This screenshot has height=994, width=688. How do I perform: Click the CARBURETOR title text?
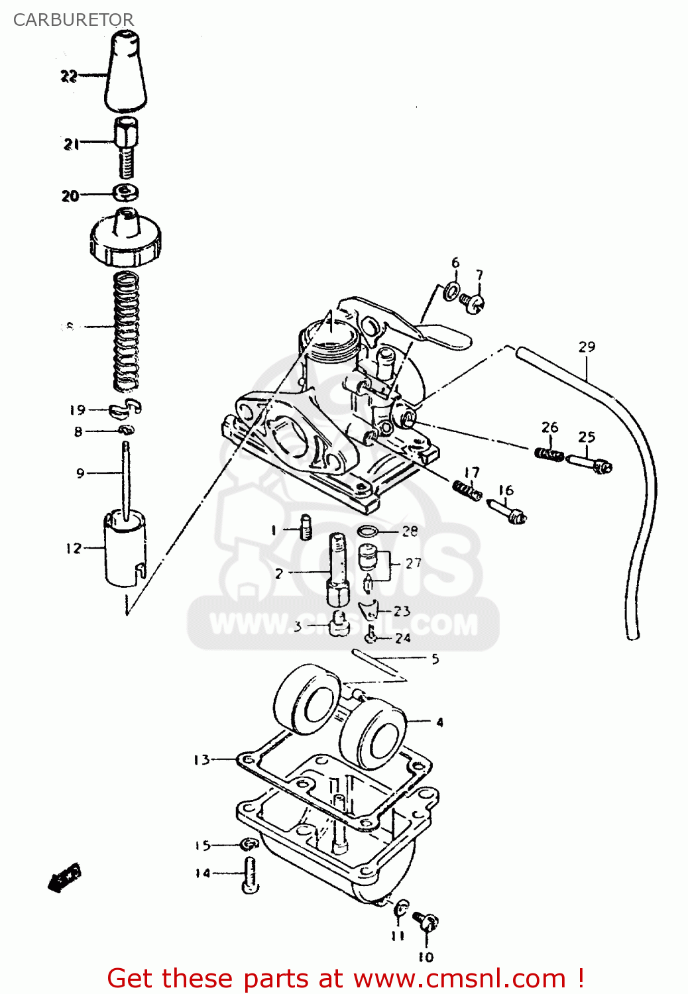73,20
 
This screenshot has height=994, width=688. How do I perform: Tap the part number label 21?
71,144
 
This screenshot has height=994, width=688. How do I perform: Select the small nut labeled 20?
126,193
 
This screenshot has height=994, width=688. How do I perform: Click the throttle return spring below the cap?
126,331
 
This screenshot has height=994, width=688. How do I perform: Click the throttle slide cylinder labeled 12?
125,550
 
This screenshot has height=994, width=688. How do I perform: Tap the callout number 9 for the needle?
80,473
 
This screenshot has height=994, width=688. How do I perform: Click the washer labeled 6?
453,290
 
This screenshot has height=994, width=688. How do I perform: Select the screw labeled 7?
474,302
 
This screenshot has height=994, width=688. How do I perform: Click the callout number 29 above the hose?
587,347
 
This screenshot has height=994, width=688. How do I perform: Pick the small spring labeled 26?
549,454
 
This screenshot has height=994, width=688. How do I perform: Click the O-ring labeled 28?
369,531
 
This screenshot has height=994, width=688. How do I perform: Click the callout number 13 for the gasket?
201,759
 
